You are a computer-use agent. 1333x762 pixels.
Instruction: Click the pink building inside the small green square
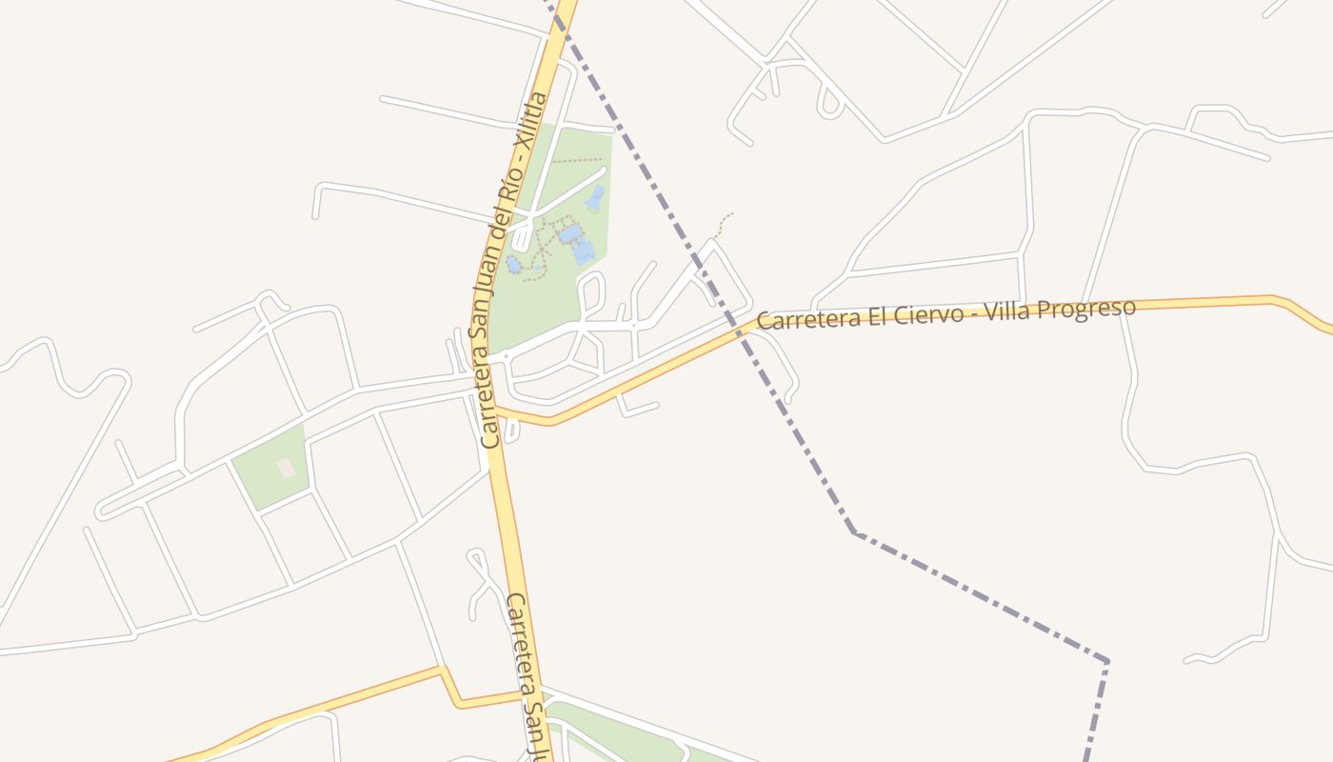tap(286, 468)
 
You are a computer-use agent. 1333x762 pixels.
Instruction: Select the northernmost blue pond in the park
tap(595, 198)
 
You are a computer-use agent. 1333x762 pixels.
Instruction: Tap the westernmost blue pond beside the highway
tap(513, 264)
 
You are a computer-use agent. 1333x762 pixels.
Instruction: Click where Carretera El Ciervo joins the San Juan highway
tap(496, 411)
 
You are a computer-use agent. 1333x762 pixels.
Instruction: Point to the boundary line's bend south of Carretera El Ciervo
tap(853, 532)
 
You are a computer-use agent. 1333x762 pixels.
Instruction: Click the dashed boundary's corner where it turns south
tap(1106, 661)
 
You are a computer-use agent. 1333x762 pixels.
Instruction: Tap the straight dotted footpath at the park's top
tap(576, 161)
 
